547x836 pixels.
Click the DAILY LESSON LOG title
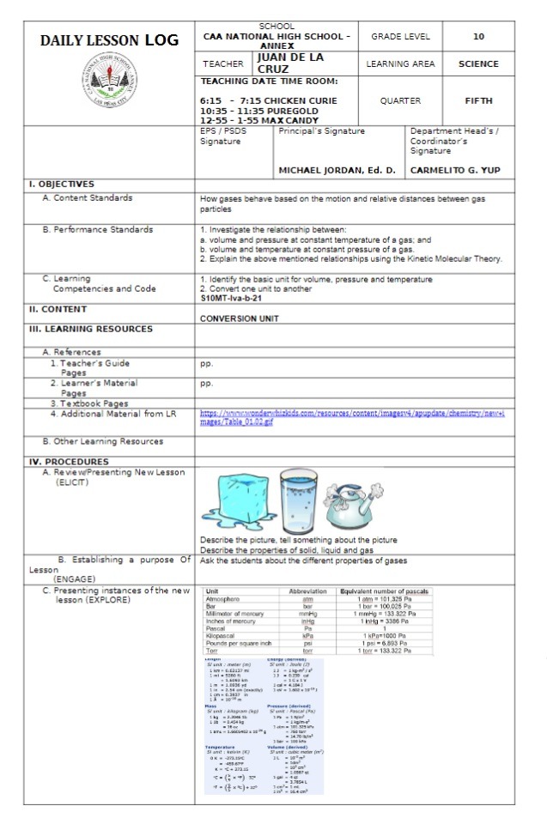(109, 40)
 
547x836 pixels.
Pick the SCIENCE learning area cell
(478, 64)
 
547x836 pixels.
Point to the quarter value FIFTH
(478, 100)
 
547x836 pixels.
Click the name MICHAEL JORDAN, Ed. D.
(338, 170)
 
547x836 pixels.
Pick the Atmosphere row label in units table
(222, 598)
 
